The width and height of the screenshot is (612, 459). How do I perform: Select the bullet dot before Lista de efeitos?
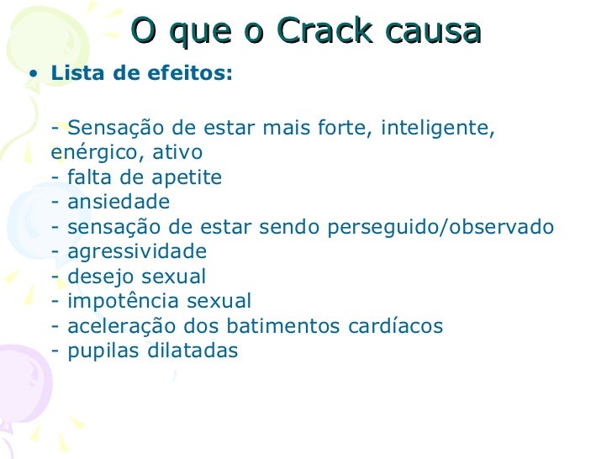(x=32, y=74)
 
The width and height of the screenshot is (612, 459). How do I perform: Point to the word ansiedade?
(x=119, y=203)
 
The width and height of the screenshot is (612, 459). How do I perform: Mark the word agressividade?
(x=137, y=252)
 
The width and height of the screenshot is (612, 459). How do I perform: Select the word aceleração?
(x=118, y=326)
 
